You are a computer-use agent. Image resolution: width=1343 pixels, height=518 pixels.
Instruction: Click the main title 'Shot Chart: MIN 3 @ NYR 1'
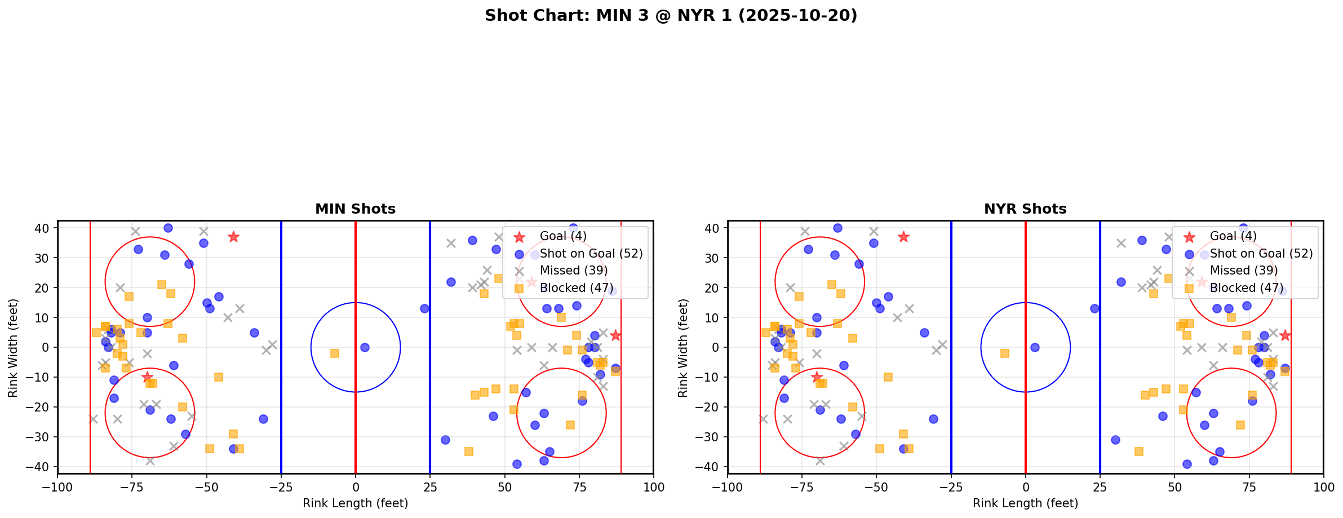click(671, 16)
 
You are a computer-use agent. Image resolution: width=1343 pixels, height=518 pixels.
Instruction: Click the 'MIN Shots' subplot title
click(355, 209)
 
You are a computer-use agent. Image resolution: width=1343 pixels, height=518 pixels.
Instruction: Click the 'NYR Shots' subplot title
click(1025, 209)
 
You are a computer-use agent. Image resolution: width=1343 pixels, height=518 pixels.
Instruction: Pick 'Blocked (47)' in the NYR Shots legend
click(1247, 288)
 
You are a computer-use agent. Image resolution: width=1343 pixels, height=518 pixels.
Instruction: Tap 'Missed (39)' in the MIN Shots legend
click(574, 271)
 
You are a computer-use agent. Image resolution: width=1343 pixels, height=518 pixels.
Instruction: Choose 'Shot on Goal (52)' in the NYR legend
click(1261, 254)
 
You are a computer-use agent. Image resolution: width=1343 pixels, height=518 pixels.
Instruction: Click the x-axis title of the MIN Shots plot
click(355, 503)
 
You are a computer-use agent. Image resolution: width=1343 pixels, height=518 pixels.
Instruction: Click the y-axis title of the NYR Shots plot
click(683, 347)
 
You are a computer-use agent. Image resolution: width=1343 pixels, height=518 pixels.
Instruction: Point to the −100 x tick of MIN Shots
click(57, 486)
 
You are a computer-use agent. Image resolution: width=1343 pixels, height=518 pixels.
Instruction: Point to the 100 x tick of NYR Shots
click(1323, 486)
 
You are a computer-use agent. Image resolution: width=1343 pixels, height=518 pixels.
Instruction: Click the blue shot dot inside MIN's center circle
click(365, 347)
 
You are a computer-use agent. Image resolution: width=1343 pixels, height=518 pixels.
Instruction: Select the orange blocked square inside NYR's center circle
click(1004, 353)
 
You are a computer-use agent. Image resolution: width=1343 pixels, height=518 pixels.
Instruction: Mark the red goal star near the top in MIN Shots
click(233, 237)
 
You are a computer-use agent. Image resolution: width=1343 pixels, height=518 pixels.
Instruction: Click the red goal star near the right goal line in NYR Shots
click(1284, 335)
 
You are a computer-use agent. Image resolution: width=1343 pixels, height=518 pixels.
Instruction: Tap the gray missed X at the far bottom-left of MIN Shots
click(93, 419)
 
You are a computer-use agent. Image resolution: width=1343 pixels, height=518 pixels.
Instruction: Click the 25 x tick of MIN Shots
click(429, 486)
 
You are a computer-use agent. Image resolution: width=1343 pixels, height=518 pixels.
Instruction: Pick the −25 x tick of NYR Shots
click(951, 486)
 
